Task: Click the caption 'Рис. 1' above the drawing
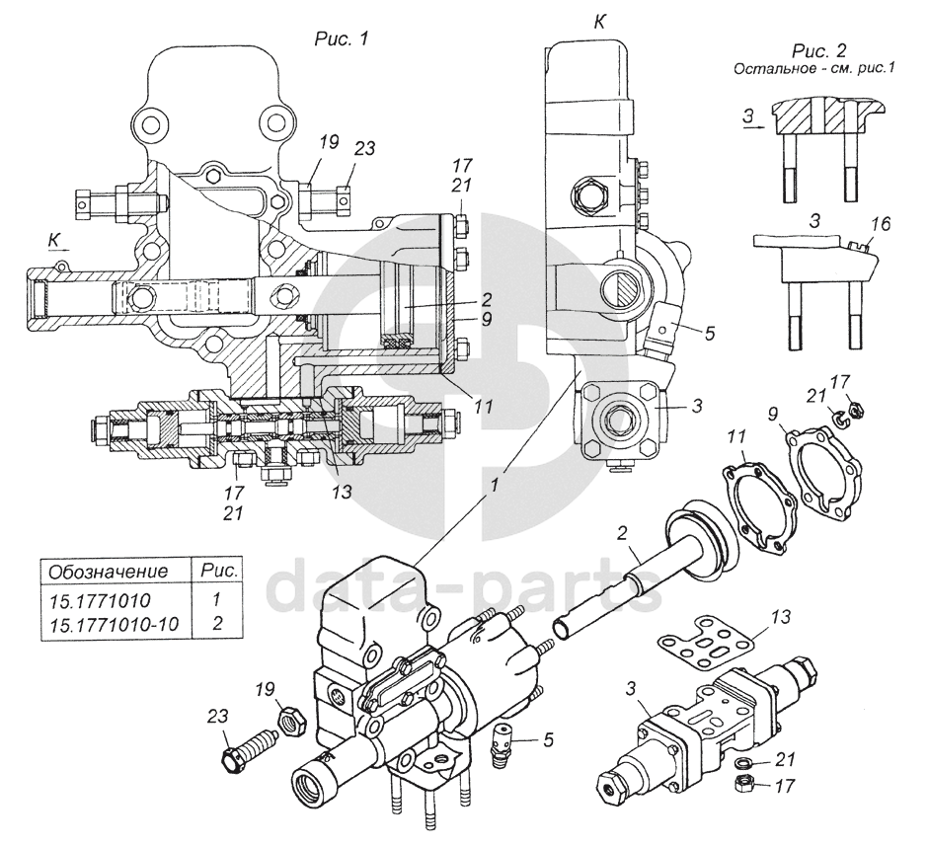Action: click(x=341, y=39)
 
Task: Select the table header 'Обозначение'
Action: click(x=108, y=573)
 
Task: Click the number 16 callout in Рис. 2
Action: click(x=880, y=224)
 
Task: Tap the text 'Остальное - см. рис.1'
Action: click(x=813, y=69)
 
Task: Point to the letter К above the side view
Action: click(x=599, y=22)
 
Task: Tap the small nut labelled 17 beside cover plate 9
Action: click(x=854, y=409)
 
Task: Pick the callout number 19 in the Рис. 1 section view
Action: click(x=329, y=142)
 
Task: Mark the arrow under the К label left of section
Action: click(x=60, y=251)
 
